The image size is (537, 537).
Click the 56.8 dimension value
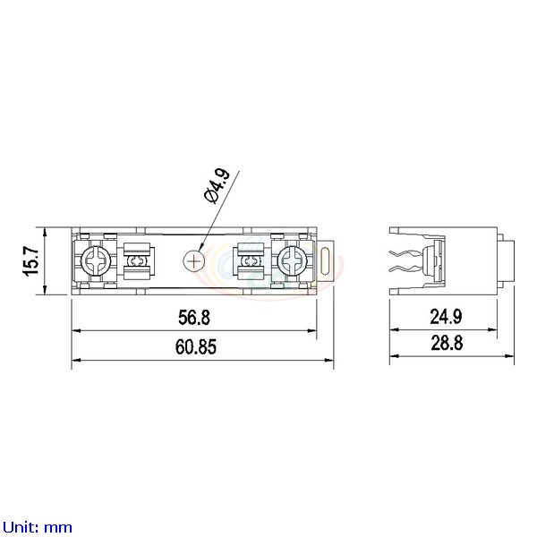193,319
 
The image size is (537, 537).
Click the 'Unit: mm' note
38,527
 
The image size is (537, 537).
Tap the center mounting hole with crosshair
193,260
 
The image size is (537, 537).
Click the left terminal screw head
95,260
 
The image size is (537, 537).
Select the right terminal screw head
292,260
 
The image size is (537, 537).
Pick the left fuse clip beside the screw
137,260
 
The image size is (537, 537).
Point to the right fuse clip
250,260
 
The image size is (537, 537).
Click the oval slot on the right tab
328,260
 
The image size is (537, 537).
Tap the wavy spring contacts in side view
405,260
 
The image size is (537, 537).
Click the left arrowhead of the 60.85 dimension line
75,360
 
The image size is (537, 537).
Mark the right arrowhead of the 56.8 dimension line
313,331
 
